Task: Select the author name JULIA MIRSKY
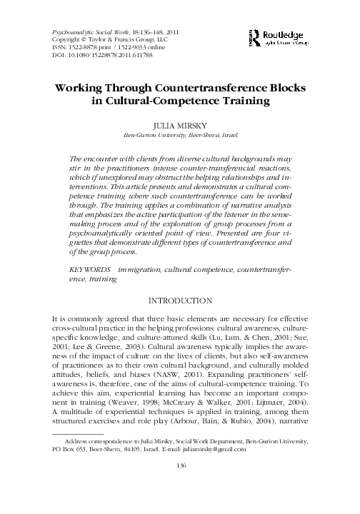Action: tap(180, 124)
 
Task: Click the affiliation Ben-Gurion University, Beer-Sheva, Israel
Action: tap(180, 134)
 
